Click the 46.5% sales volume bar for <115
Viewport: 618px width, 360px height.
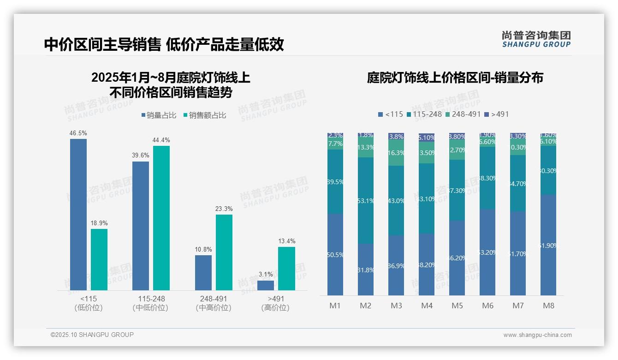click(x=78, y=214)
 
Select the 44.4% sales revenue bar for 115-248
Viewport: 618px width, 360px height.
click(x=161, y=218)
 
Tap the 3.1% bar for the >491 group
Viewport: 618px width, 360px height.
click(x=265, y=285)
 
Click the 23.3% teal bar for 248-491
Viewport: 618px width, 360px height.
click(x=224, y=252)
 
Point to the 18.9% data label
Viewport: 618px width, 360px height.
click(x=99, y=223)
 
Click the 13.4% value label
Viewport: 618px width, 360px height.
click(x=286, y=241)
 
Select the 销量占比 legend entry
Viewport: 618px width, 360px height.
click(x=158, y=115)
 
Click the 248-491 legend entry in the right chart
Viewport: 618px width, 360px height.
click(x=463, y=114)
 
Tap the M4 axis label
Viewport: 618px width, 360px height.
click(x=427, y=306)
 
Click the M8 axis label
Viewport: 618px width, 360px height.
click(x=548, y=306)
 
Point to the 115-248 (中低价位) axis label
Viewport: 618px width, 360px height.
click(x=150, y=303)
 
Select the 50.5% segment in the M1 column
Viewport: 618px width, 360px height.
click(x=335, y=254)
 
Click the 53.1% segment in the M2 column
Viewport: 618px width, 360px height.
click(x=366, y=200)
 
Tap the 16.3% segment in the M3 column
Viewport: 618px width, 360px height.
click(x=396, y=153)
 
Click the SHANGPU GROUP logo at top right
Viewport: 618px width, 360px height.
click(x=536, y=39)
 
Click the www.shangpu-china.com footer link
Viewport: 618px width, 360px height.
click(x=537, y=335)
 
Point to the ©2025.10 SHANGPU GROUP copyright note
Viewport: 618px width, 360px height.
click(x=92, y=335)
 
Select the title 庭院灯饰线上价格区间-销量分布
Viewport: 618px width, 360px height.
click(x=455, y=78)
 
